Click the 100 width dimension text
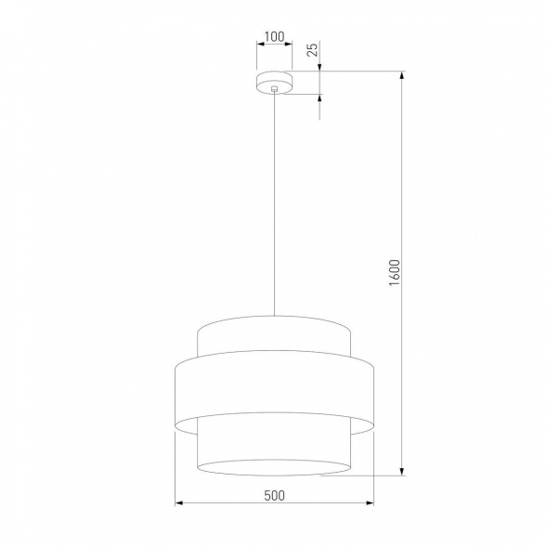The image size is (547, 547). [x=274, y=38]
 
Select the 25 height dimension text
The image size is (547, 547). [x=314, y=49]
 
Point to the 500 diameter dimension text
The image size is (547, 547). [x=274, y=495]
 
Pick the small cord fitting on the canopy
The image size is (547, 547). [x=274, y=90]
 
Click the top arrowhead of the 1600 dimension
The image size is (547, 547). [x=402, y=75]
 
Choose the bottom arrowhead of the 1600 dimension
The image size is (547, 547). [x=402, y=471]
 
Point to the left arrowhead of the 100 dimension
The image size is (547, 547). [x=258, y=46]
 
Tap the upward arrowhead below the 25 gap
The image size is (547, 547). [x=321, y=97]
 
